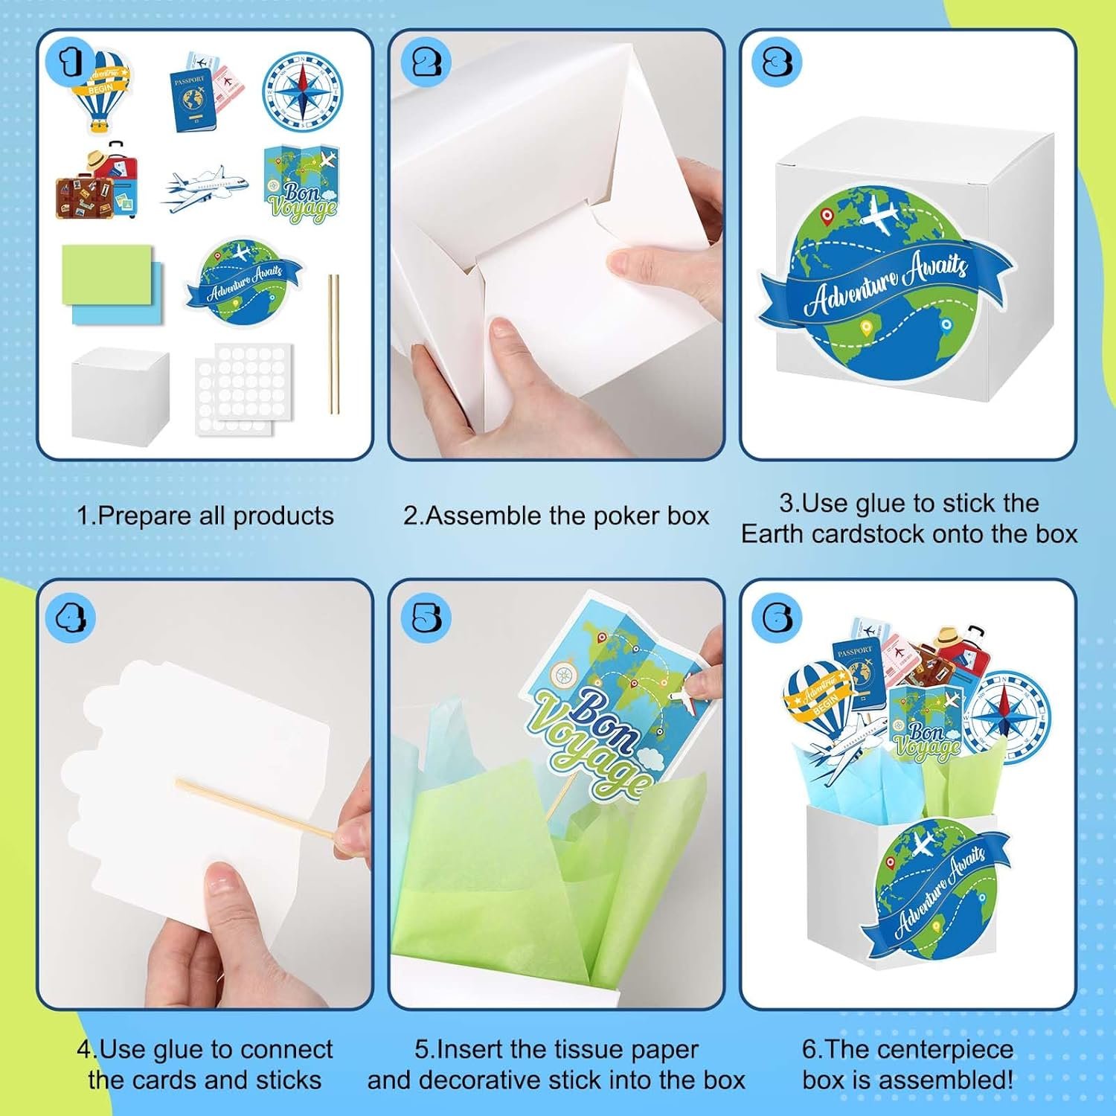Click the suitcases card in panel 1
pos(97,182)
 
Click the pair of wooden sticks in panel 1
pos(334,344)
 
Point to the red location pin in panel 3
pos(826,217)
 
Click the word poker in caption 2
pos(620,516)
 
